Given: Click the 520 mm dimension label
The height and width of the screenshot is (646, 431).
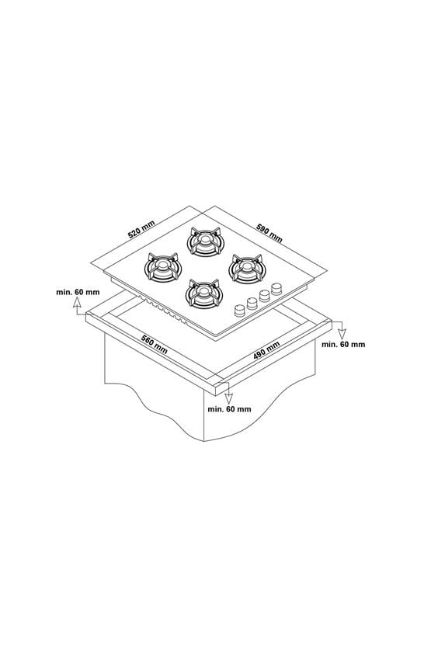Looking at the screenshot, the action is (x=141, y=229).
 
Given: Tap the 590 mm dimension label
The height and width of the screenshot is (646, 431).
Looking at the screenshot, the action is (x=269, y=233).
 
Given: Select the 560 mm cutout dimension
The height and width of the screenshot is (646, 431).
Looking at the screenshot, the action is (x=155, y=344).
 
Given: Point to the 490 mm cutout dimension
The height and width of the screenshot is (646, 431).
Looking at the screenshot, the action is (x=266, y=350).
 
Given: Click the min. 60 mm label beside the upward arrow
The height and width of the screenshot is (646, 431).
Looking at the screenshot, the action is (x=78, y=292).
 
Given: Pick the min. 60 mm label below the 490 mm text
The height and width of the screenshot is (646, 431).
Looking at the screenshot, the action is (x=343, y=344).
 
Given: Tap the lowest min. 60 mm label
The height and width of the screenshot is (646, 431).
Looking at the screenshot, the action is (x=230, y=409).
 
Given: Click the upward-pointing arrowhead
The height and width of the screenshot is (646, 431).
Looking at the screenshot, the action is (x=77, y=304).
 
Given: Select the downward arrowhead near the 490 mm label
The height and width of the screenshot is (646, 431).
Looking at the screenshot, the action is (x=342, y=334).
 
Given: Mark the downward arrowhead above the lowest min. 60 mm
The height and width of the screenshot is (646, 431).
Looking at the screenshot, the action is (x=228, y=398).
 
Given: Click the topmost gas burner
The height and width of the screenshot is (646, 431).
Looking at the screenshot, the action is (x=203, y=241).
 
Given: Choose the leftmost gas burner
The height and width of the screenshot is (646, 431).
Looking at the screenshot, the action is (x=163, y=268).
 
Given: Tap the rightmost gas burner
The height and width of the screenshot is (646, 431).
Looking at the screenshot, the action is (x=246, y=268).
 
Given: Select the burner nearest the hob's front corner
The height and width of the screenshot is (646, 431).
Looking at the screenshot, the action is (x=204, y=293).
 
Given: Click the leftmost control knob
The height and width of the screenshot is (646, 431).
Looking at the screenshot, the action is (x=239, y=311).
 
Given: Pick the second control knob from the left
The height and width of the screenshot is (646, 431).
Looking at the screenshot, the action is (x=252, y=304).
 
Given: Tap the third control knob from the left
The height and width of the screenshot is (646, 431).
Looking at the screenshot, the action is (x=264, y=296).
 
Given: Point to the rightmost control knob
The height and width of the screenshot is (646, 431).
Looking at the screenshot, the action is (x=276, y=288).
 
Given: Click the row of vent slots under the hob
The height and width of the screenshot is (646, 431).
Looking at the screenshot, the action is (x=163, y=311).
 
